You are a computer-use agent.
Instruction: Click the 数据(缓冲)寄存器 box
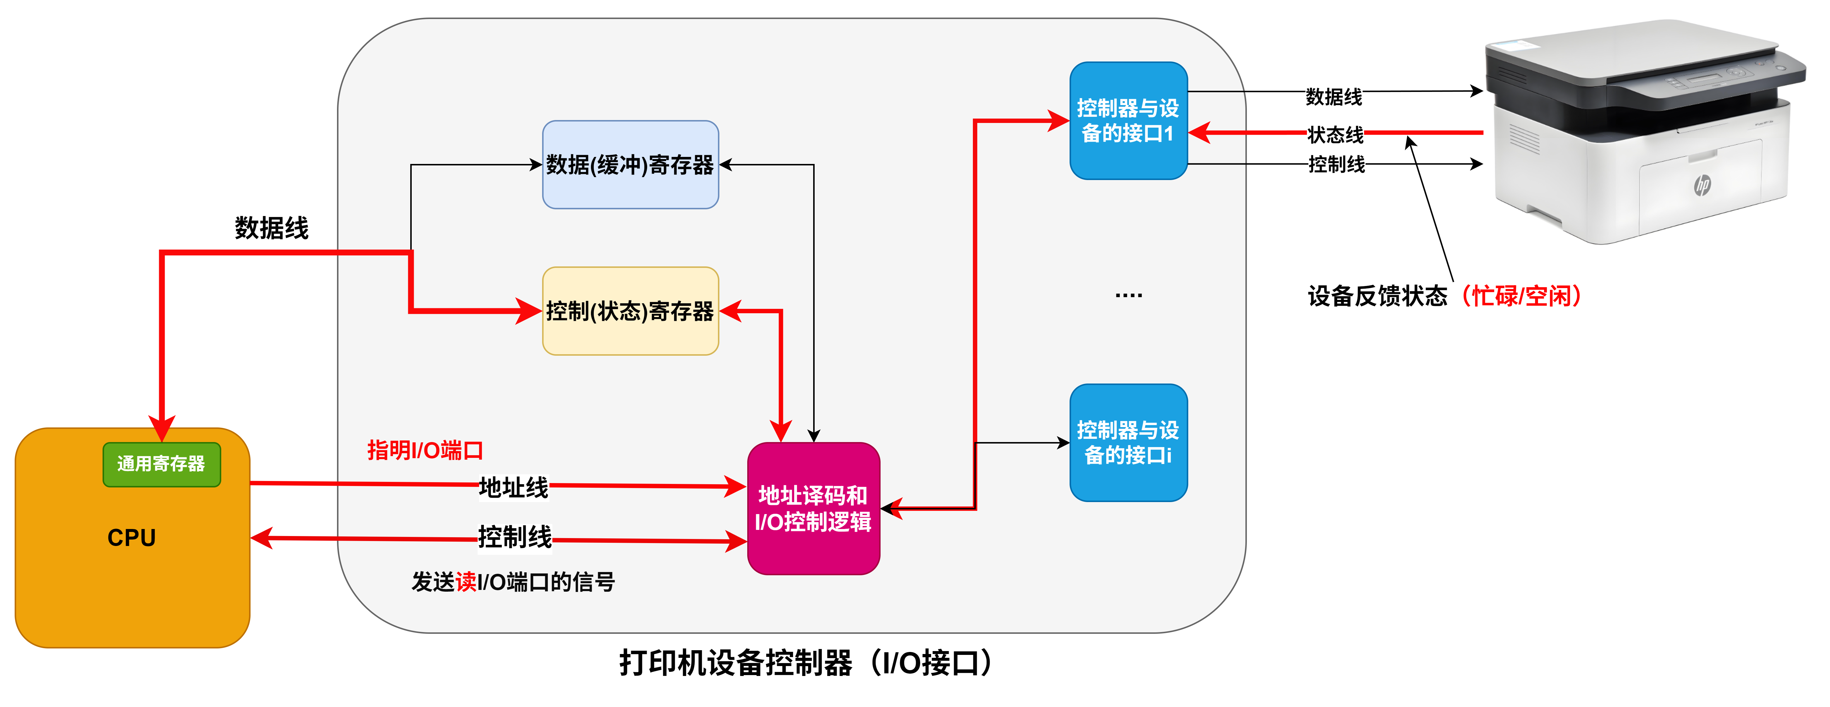click(630, 165)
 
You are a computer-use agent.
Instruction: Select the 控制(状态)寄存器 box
click(630, 311)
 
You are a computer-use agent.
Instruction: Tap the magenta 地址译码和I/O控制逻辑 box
click(813, 508)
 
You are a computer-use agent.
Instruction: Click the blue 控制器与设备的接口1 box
click(1128, 121)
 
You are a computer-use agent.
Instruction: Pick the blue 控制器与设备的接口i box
click(1128, 442)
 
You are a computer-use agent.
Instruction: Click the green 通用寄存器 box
click(161, 464)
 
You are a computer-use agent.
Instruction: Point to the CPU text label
click(131, 537)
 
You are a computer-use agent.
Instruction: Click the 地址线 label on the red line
click(514, 487)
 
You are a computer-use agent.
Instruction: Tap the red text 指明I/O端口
click(425, 450)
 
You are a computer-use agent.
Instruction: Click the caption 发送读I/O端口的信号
click(513, 582)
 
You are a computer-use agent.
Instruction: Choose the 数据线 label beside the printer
click(1333, 97)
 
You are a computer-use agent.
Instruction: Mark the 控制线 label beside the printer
click(1336, 164)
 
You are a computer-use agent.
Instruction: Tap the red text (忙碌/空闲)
click(1521, 295)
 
